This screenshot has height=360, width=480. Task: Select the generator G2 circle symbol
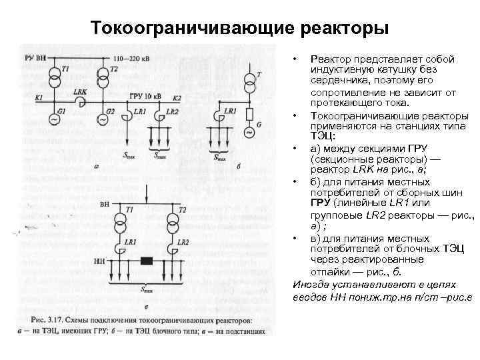[x=102, y=119]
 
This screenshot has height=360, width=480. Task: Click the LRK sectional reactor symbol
[x=79, y=101]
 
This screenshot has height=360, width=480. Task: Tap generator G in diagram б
[x=249, y=132]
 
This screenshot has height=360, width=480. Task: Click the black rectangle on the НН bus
[x=147, y=261]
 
